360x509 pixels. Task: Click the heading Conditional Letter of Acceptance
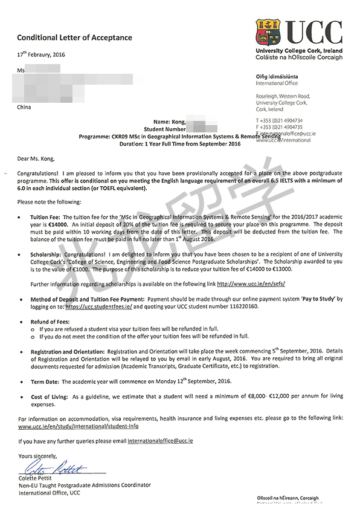tap(74, 37)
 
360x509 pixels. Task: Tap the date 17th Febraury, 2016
tap(41, 55)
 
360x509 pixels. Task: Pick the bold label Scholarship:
tap(47, 255)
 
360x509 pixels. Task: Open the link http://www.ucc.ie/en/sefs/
tap(251, 283)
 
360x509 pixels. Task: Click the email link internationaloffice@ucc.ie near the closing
tap(160, 441)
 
